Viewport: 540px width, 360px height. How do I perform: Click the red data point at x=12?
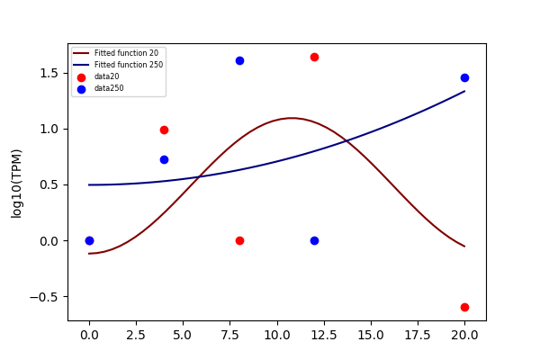314,58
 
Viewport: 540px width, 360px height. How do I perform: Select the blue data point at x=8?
239,61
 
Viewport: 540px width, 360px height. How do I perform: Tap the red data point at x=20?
464,307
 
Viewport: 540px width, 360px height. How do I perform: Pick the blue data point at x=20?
464,78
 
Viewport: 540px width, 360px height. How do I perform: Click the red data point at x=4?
165,130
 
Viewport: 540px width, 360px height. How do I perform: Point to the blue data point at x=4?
165,160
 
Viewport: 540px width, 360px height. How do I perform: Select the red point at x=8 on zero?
239,241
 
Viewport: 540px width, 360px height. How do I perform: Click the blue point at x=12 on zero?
314,241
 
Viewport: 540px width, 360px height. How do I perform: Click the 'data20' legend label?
107,76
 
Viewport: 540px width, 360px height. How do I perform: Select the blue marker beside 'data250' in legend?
81,90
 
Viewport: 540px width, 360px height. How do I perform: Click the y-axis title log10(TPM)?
16,184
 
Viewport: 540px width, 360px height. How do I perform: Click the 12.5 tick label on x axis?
324,335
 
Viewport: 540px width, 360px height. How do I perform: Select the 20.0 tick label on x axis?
464,335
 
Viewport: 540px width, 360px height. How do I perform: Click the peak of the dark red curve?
291,118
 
